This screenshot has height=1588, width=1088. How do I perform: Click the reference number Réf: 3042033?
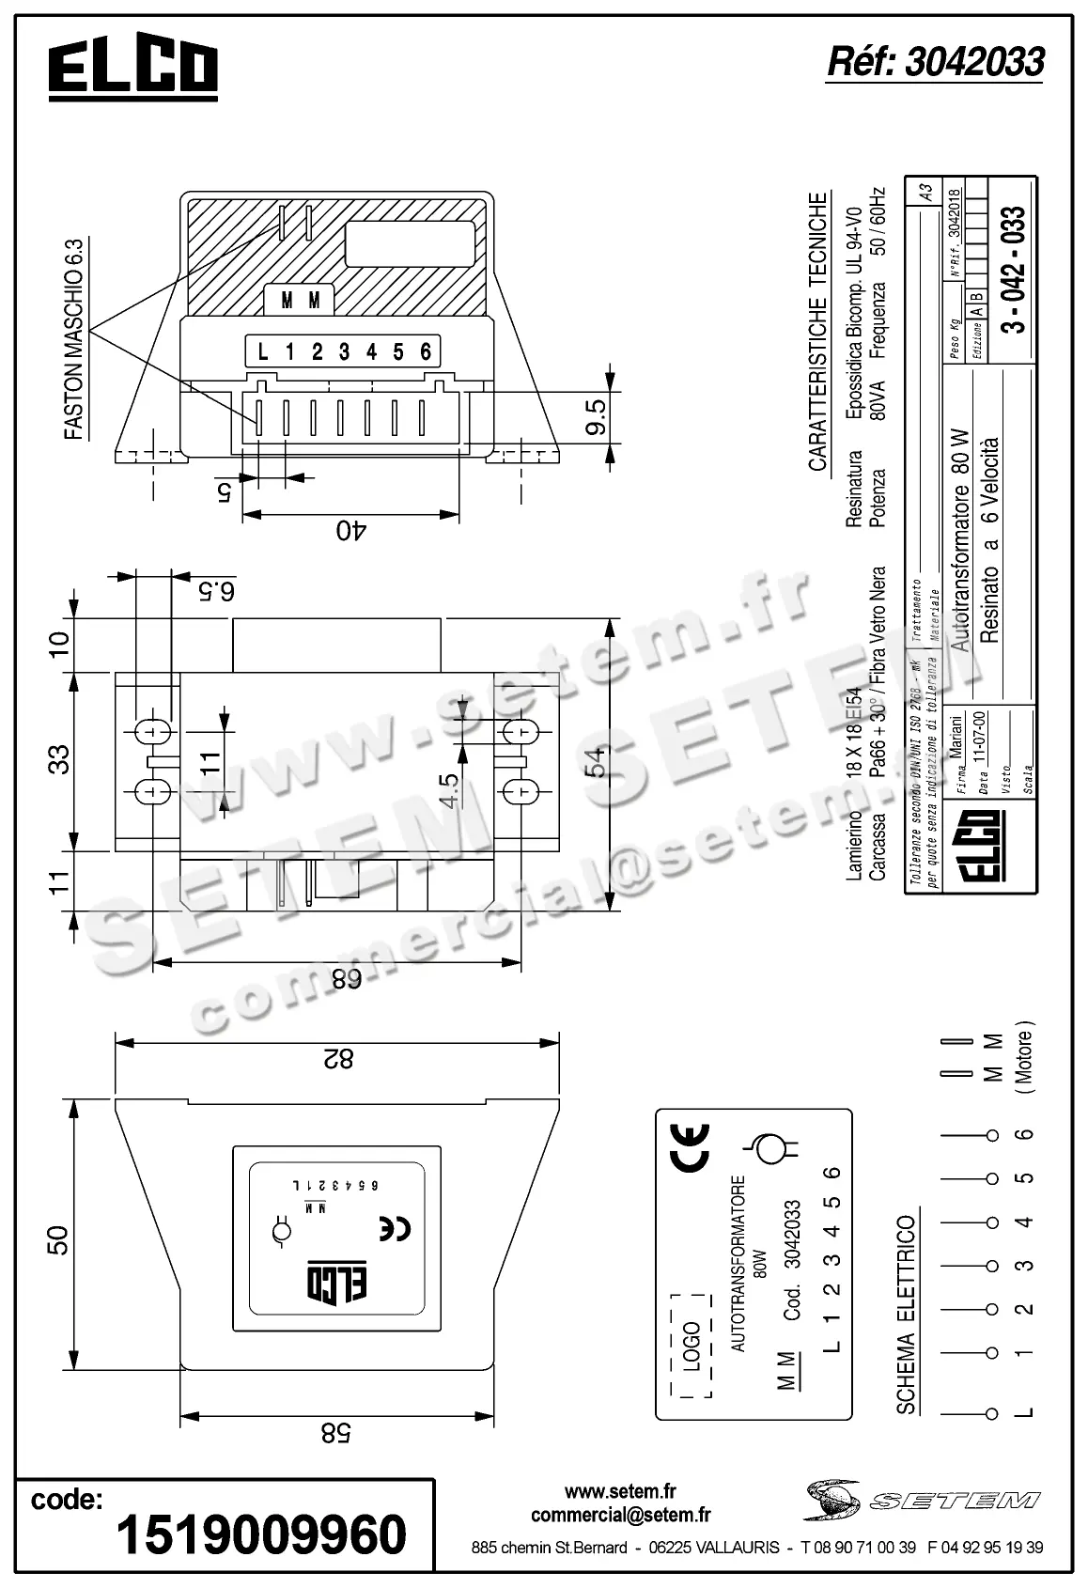click(x=935, y=62)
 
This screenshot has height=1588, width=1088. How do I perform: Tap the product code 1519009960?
click(x=261, y=1534)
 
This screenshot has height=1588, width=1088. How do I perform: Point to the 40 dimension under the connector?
click(x=350, y=531)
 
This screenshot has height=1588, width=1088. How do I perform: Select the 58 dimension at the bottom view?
click(x=335, y=1433)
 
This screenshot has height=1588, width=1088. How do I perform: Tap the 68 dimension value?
click(x=345, y=979)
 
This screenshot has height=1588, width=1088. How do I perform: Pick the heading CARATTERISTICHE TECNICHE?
click(x=817, y=332)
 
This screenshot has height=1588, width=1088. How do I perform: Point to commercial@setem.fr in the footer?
click(x=620, y=1515)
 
